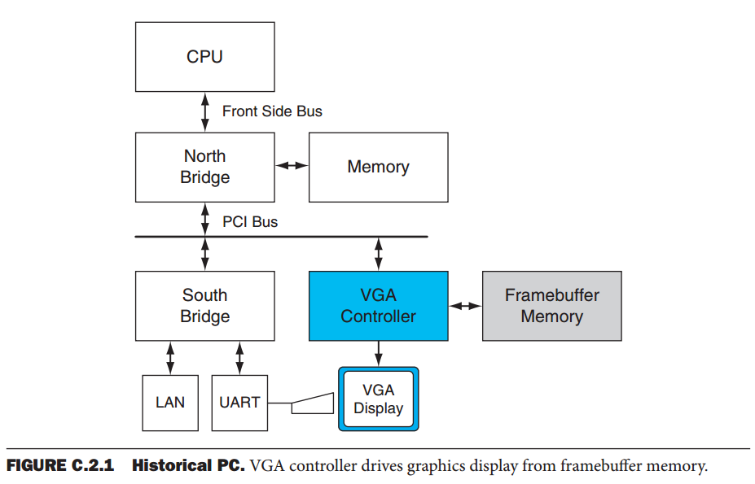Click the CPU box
204,57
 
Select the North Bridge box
204,167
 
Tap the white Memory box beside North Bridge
378,167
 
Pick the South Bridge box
204,306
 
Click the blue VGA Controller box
378,306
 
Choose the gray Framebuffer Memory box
551,306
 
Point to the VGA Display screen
378,399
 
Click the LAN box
169,403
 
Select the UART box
239,403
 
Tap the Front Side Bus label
272,111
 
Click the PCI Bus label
250,221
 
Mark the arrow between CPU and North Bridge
204,112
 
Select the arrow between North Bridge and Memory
292,166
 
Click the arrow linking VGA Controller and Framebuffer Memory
465,306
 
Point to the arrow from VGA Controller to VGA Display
378,353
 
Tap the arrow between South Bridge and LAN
169,357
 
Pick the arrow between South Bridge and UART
239,357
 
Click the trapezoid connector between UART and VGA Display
312,403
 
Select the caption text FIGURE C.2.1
62,466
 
